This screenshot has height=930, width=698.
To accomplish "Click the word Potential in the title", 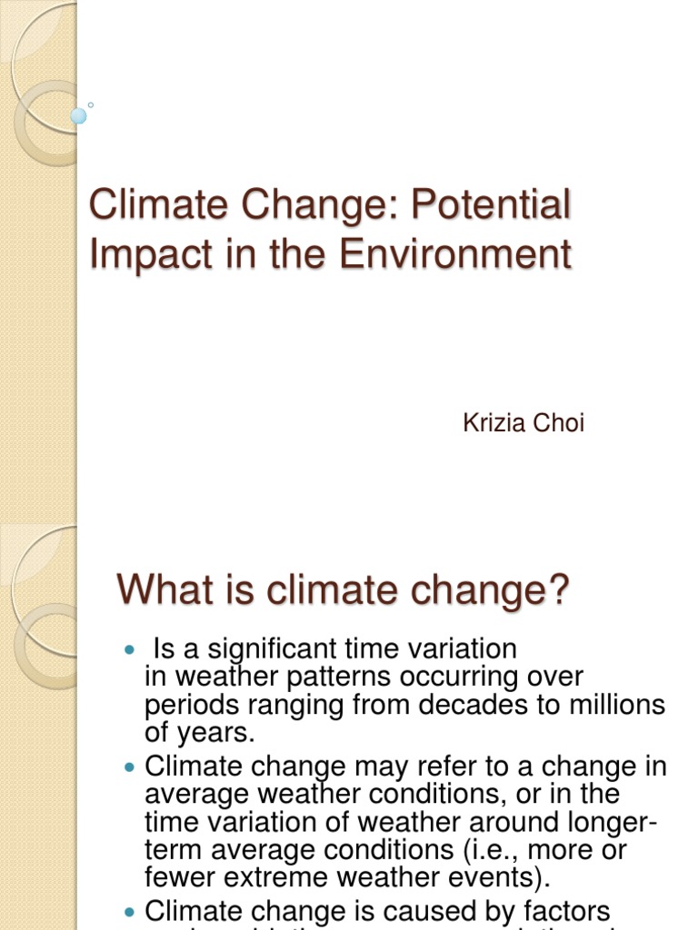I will click(492, 206).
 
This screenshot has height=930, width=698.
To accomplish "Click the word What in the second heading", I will click(157, 590).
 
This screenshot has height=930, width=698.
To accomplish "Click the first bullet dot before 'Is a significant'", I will click(127, 651).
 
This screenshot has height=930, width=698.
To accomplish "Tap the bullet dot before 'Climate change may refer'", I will click(127, 768).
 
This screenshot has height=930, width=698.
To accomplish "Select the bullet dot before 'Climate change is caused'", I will click(127, 911).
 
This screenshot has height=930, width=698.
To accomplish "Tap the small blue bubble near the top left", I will click(79, 116).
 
